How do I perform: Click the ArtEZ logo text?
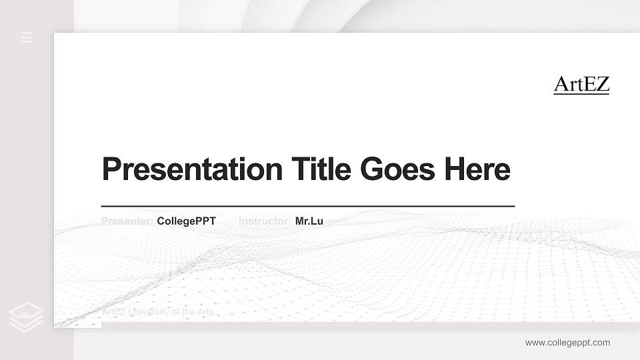[581, 85]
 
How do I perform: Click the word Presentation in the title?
[192, 169]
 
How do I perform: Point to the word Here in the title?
[477, 169]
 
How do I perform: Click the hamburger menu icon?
[27, 37]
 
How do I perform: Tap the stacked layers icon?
[27, 317]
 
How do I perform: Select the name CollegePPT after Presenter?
[186, 221]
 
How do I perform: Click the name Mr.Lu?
[309, 221]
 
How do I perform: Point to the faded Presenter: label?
[127, 221]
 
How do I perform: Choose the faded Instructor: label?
[265, 221]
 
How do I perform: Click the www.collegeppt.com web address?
[567, 343]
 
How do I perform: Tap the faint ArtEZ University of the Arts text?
[157, 312]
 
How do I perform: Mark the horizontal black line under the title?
[307, 207]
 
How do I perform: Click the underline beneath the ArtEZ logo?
[581, 94]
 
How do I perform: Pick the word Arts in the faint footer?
[205, 312]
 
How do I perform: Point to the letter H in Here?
[455, 169]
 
